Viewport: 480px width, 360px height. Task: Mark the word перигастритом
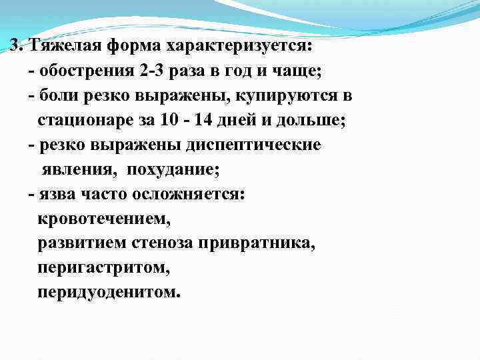point(103,268)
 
